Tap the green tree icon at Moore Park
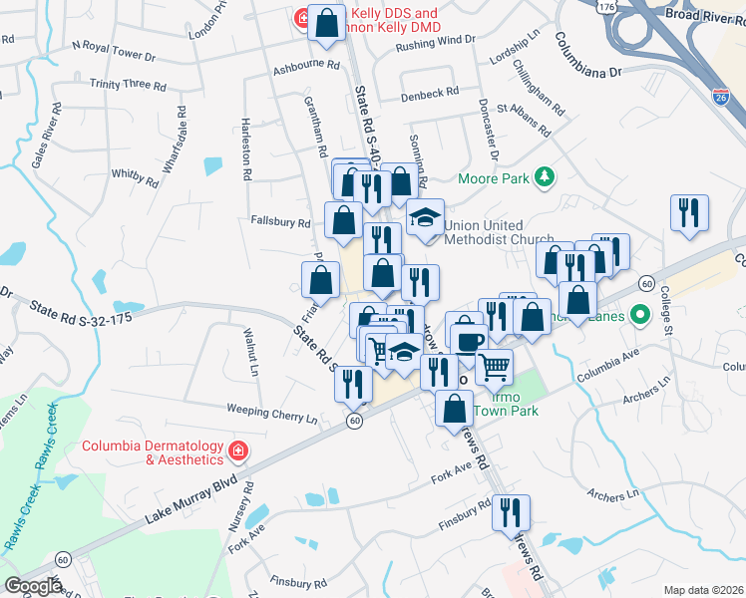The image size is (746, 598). tap(544, 178)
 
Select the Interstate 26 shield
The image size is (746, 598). tap(720, 97)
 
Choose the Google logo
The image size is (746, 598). tap(33, 586)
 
